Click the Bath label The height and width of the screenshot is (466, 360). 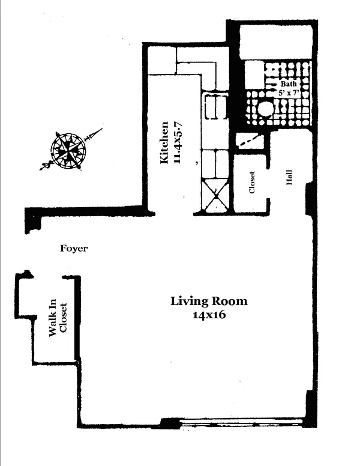tap(288, 84)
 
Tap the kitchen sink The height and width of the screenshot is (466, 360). tap(214, 108)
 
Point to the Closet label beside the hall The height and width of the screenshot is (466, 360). tap(252, 183)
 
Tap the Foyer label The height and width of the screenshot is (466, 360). tap(74, 248)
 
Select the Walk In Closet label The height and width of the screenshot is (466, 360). tap(56, 319)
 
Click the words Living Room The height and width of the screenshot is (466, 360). tap(209, 301)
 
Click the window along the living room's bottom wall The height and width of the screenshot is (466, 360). tap(240, 424)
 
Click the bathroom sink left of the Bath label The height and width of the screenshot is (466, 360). tap(254, 75)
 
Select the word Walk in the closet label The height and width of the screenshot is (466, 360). tap(52, 331)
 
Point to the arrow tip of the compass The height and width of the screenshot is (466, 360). tap(100, 129)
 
